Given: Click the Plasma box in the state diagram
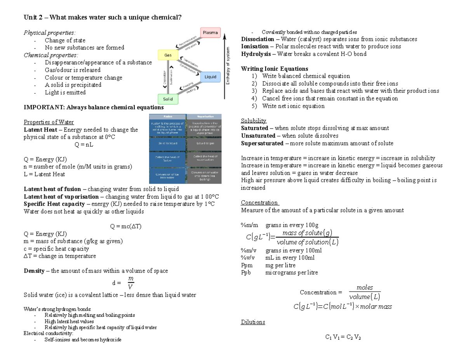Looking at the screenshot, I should [210, 33].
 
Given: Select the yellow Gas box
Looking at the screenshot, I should [168, 56].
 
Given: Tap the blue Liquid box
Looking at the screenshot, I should [210, 77].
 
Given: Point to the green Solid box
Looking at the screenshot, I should [168, 99].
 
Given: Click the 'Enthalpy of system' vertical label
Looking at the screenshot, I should [228, 65].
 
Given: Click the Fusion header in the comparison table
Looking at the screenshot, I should [168, 117].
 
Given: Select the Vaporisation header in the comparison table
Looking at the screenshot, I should [204, 117].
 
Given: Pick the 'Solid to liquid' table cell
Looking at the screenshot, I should [168, 143].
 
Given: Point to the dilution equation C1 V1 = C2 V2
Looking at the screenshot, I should [343, 337].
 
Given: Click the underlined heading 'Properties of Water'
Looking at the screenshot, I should [49, 122].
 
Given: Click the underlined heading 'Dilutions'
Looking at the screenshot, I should [253, 322].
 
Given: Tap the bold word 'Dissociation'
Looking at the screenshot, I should [257, 39].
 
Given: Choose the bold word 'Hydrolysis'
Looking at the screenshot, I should [256, 54].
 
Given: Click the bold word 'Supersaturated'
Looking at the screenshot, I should [262, 143].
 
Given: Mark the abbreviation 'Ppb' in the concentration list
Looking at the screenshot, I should [246, 273].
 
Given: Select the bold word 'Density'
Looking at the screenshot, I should [34, 271].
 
